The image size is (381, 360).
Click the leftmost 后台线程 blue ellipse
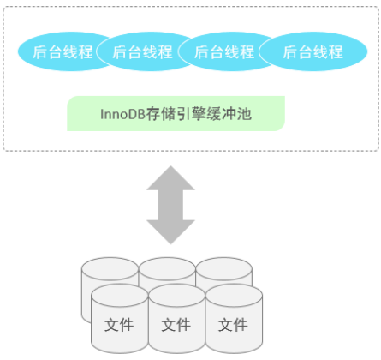(61, 51)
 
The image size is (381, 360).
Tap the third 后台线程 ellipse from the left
(224, 51)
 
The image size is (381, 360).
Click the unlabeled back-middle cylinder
(167, 269)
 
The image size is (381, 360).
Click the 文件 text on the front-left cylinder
(119, 326)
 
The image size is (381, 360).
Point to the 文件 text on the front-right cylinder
(233, 326)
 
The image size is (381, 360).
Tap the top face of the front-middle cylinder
(176, 297)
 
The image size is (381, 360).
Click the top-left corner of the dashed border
(4, 5)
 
